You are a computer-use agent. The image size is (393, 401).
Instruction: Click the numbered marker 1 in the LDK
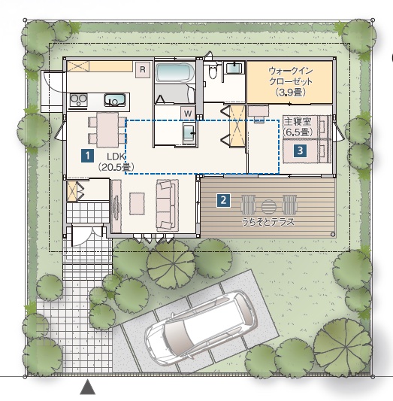tap(88, 156)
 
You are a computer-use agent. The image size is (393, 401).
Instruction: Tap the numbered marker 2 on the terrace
tap(223, 200)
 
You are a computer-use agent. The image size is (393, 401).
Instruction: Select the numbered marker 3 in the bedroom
tap(301, 150)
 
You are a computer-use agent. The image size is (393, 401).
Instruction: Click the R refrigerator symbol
tap(143, 69)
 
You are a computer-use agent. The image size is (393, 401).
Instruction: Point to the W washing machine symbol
tap(188, 114)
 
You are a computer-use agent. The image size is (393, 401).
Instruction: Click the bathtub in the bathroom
tap(175, 73)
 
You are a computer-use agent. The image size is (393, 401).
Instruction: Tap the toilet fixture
tap(212, 71)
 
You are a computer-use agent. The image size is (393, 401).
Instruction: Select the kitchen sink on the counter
tap(115, 100)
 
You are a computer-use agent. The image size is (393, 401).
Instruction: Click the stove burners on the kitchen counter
tap(79, 100)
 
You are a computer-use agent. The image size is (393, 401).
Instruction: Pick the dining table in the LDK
tap(107, 130)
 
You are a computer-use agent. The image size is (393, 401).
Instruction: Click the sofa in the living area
tap(168, 205)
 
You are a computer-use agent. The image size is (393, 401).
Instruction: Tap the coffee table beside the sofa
tap(137, 204)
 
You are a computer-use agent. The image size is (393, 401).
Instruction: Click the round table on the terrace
tap(269, 207)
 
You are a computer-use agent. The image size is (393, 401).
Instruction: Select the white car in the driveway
tap(201, 327)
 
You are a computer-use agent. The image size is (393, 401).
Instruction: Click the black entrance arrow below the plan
tap(88, 387)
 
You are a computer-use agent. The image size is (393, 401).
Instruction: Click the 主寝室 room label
tap(298, 121)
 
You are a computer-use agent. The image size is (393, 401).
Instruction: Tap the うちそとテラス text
tap(268, 222)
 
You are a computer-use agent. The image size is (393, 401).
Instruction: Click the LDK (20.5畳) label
tap(116, 161)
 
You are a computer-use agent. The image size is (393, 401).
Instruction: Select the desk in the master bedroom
tap(258, 111)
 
